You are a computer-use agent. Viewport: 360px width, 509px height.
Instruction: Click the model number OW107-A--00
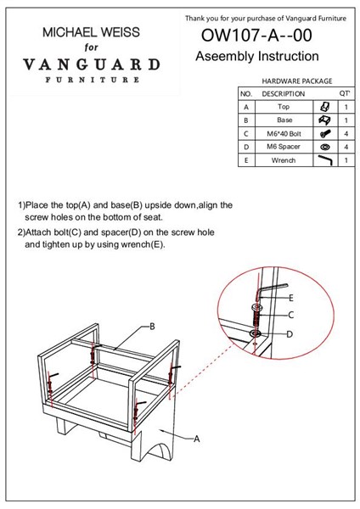point(256,36)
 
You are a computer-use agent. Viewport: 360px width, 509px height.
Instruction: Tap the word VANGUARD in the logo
point(92,64)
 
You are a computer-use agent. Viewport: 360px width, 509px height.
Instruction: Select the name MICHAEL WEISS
point(92,32)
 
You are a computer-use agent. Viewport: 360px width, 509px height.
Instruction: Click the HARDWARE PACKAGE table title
point(297,81)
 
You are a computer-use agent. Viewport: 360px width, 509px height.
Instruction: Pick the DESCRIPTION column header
point(284,94)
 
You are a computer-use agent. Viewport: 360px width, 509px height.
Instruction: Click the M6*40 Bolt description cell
point(284,133)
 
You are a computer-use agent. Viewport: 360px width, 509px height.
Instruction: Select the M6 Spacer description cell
point(284,147)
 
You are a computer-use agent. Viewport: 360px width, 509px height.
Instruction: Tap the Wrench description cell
point(284,160)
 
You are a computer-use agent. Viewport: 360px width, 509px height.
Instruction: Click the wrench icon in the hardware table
point(325,159)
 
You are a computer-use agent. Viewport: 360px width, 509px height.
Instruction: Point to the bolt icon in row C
point(325,133)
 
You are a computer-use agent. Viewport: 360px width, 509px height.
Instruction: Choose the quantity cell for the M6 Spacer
point(346,147)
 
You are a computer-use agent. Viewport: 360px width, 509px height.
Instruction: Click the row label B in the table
point(246,120)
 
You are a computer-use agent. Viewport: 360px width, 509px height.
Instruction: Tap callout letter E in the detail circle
point(291,298)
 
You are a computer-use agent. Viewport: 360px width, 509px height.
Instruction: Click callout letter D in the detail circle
point(290,334)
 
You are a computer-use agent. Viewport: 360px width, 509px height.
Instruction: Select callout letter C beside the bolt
point(290,315)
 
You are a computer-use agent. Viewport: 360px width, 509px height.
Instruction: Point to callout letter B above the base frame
point(152,327)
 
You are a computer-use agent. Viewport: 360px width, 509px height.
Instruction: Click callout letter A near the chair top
point(197,439)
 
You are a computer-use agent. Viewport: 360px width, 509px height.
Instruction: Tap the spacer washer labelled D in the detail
point(256,333)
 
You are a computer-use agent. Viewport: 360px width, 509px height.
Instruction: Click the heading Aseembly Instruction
point(257,56)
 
